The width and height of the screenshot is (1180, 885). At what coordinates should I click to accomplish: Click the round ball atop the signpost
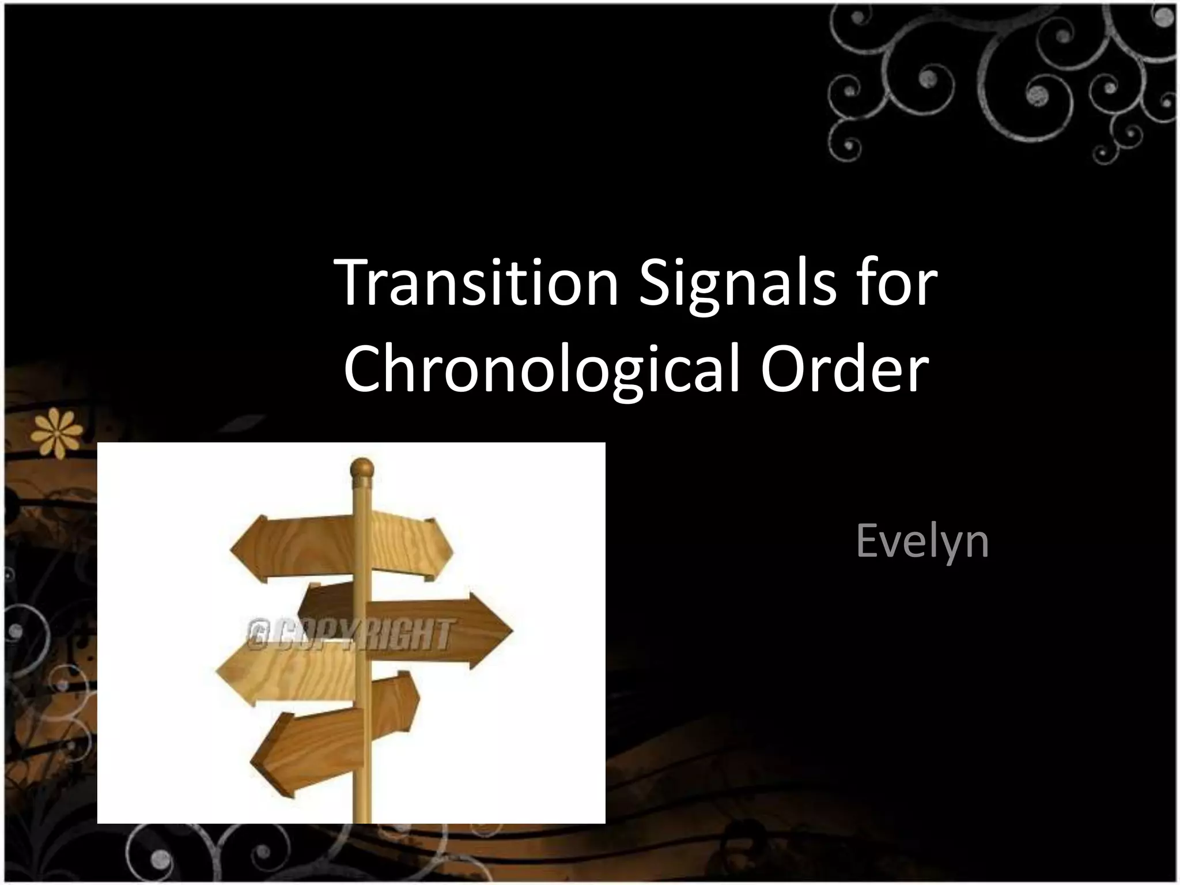[x=362, y=468]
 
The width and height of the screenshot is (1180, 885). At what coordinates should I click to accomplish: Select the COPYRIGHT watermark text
[x=349, y=634]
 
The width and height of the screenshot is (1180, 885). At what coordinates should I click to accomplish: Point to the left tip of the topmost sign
[x=232, y=547]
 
